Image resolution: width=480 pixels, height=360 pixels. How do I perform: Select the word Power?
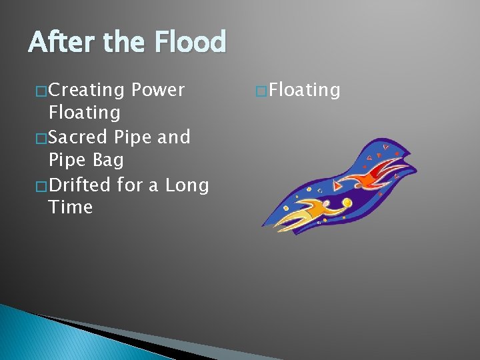pyautogui.click(x=158, y=90)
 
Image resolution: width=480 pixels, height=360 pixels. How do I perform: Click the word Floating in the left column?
pyautogui.click(x=84, y=113)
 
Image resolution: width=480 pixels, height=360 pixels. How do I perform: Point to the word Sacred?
pyautogui.click(x=79, y=137)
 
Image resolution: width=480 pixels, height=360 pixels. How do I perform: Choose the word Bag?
pyautogui.click(x=109, y=161)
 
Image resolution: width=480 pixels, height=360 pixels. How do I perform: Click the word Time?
pyautogui.click(x=70, y=207)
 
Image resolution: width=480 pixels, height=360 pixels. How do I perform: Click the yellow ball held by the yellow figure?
pyautogui.click(x=347, y=203)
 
